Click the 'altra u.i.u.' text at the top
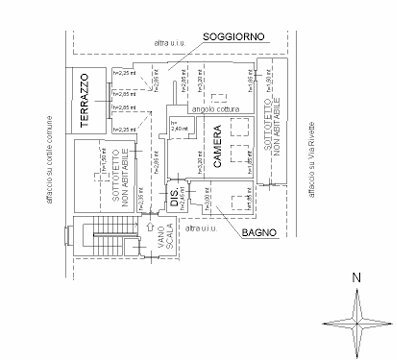tap(169, 43)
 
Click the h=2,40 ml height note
tap(178, 128)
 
